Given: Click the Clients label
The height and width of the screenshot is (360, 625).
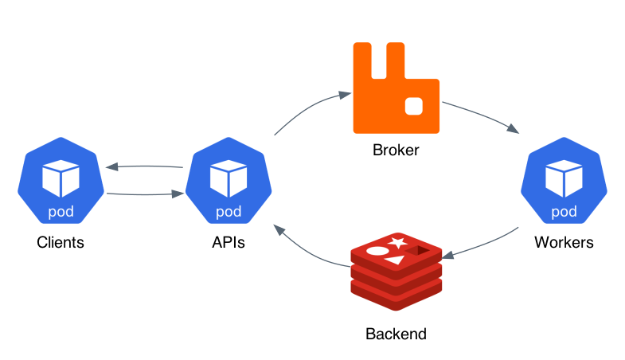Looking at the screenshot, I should click(x=61, y=243).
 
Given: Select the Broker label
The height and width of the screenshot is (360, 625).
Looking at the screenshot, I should click(x=396, y=150).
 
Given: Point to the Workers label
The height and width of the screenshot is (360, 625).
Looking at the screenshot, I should click(x=564, y=243).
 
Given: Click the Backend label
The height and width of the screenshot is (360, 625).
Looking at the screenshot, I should click(x=396, y=334).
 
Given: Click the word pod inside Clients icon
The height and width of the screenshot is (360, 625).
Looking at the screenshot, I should click(x=61, y=212).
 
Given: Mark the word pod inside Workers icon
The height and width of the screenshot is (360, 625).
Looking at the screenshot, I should click(x=564, y=212).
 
